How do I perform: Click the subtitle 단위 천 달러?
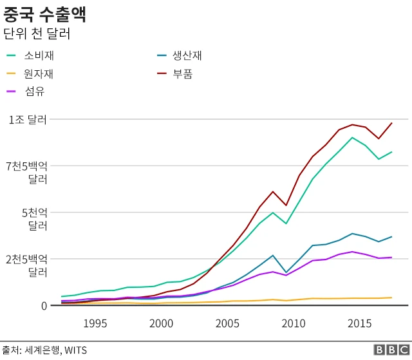click(37, 33)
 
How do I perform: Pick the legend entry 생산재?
click(187, 55)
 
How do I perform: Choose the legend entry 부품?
click(182, 73)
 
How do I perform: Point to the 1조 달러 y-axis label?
click(28, 120)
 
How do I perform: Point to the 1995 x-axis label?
click(95, 323)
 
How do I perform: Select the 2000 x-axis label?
click(161, 323)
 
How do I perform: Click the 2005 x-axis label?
click(228, 323)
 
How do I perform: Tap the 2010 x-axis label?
click(294, 323)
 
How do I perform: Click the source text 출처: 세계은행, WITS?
click(44, 350)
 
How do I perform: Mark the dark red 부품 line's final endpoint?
click(391, 123)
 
